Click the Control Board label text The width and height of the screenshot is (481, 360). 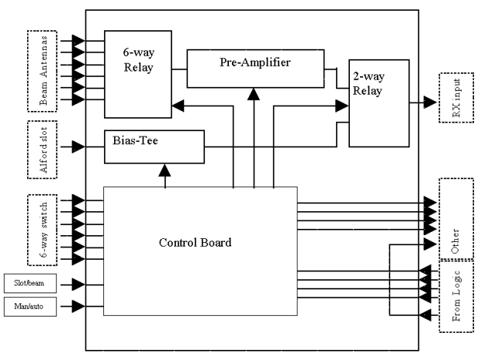[x=199, y=242]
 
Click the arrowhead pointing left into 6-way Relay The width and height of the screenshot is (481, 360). [x=178, y=102]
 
